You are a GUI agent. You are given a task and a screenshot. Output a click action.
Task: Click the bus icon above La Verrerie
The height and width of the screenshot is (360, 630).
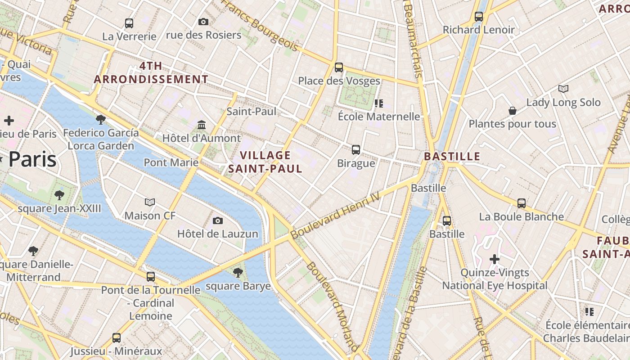(x=129, y=23)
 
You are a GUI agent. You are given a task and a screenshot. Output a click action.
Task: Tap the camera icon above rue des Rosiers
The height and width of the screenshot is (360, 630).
(x=203, y=22)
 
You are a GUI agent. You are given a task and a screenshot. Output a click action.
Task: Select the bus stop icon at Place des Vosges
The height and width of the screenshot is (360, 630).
(x=339, y=67)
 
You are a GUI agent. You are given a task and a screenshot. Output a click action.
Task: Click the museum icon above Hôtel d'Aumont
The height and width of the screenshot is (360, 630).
(x=202, y=125)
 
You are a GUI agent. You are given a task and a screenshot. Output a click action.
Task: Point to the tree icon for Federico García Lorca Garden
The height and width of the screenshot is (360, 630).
(x=101, y=119)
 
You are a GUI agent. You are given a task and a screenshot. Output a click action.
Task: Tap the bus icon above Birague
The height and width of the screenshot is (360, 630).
(x=356, y=149)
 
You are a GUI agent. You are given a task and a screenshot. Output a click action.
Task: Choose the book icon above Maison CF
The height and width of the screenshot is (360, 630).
(x=150, y=202)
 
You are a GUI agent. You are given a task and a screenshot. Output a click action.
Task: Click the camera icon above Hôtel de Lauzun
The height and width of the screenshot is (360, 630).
(x=218, y=220)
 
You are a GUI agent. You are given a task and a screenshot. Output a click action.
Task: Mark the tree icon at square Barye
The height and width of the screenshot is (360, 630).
(x=238, y=272)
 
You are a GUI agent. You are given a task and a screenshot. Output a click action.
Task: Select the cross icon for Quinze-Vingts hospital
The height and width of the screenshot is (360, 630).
(x=495, y=259)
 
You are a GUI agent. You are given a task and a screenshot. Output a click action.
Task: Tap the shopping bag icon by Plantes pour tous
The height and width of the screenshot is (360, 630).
(x=512, y=111)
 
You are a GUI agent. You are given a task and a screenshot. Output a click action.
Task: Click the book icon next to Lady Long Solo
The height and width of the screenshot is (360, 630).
(x=563, y=89)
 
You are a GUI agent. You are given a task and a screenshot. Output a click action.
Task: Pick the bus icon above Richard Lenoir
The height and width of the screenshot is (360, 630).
(x=479, y=17)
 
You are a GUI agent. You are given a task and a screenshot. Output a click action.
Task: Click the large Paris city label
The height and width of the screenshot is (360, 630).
(x=32, y=160)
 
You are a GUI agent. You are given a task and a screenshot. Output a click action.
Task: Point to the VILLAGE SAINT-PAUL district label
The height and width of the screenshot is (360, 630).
(x=265, y=162)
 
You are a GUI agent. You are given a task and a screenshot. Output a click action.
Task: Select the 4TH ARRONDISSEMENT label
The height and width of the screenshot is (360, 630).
(x=151, y=72)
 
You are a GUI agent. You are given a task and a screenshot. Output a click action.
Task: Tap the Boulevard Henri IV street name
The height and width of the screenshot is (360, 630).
(x=335, y=216)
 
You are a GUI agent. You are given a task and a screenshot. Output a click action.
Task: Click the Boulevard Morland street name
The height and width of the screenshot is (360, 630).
(x=333, y=306)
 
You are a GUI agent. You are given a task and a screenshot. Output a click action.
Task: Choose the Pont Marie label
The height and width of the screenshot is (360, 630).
(x=171, y=162)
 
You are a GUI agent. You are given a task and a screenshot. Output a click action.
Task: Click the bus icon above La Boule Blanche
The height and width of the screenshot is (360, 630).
(x=521, y=203)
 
